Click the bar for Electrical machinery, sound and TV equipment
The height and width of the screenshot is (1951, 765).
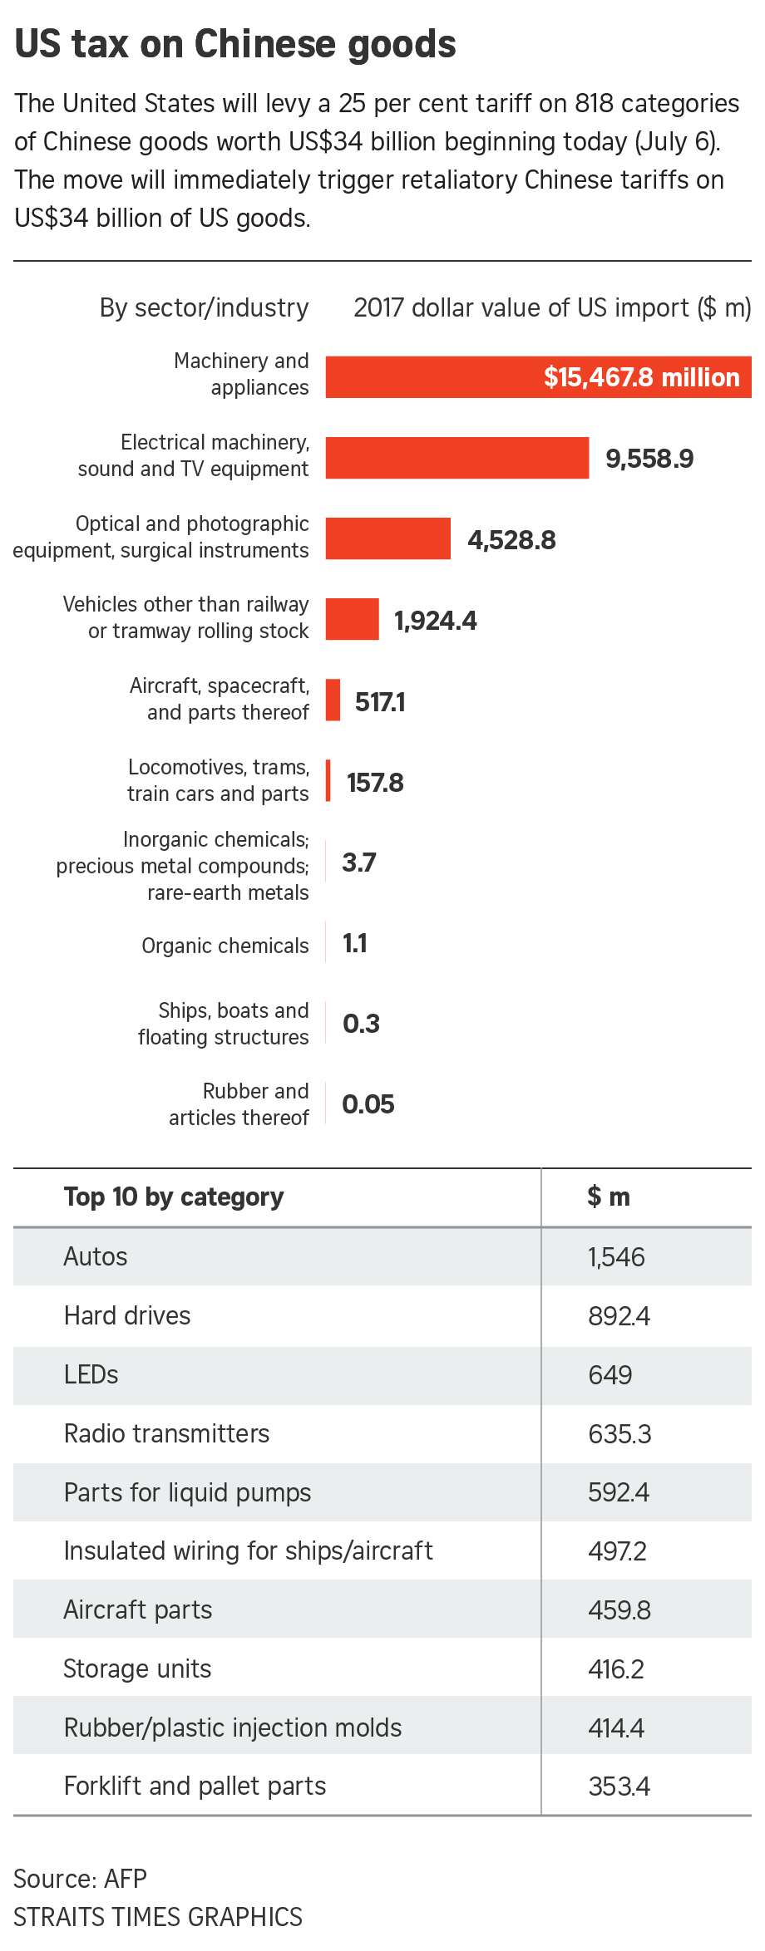(x=457, y=458)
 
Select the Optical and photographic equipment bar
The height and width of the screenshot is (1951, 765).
(x=387, y=538)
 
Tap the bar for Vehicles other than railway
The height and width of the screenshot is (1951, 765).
(x=352, y=619)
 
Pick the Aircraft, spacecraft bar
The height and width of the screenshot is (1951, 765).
(x=333, y=700)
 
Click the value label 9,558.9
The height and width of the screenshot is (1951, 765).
(x=649, y=459)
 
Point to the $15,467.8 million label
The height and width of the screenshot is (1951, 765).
(x=641, y=377)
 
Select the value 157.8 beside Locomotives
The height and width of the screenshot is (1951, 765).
(x=375, y=783)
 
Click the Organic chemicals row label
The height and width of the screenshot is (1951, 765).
(x=225, y=946)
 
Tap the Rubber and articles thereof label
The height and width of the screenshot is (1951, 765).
(x=239, y=1104)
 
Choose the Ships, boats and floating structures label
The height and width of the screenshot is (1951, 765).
(x=224, y=1024)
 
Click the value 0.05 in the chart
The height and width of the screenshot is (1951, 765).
(x=368, y=1104)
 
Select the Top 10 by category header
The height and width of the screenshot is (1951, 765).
(x=174, y=1197)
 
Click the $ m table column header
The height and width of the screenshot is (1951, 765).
(x=609, y=1197)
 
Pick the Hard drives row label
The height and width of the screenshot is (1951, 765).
(x=127, y=1315)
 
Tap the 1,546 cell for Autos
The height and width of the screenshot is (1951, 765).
(x=616, y=1257)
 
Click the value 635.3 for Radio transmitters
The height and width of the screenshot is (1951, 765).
(x=619, y=1434)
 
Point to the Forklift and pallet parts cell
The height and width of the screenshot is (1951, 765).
(x=195, y=1786)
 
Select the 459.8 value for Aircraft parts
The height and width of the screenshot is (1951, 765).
(x=619, y=1610)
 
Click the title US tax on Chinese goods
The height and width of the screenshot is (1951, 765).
(x=235, y=44)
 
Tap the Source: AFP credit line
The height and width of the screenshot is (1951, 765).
(x=81, y=1878)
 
